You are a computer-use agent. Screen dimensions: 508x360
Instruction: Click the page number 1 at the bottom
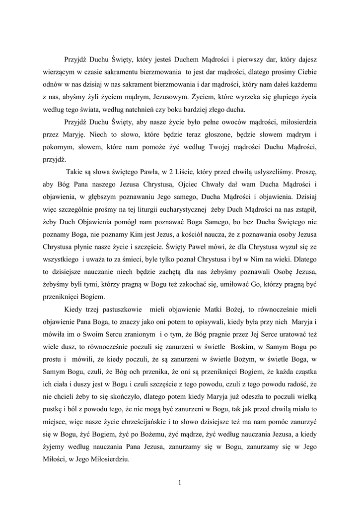point(180,480)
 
